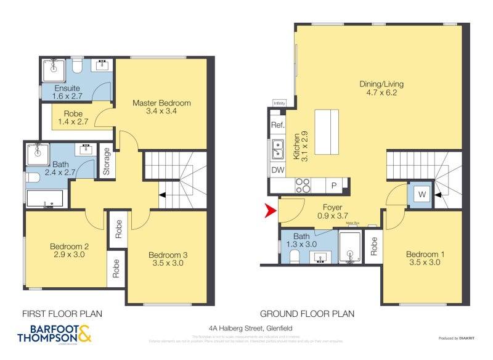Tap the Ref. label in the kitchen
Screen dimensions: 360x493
point(277,125)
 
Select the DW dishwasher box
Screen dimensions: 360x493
point(277,170)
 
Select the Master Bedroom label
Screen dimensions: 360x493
point(161,103)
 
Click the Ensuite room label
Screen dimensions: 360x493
point(67,88)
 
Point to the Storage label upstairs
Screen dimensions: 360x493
point(106,162)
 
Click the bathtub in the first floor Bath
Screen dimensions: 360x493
point(45,198)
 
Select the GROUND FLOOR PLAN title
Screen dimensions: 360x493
point(307,313)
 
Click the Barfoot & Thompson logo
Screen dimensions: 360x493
point(54,333)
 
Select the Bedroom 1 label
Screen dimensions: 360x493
point(422,255)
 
